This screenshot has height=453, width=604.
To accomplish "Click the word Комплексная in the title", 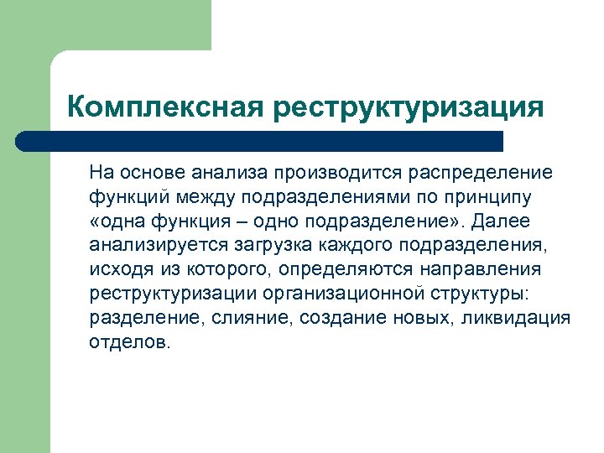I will [164, 107].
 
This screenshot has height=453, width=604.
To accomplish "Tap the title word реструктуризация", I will [407, 107].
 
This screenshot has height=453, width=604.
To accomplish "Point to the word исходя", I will [117, 270].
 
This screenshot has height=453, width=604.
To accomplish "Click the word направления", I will [490, 270].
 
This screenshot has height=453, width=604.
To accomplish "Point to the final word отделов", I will [128, 343].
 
